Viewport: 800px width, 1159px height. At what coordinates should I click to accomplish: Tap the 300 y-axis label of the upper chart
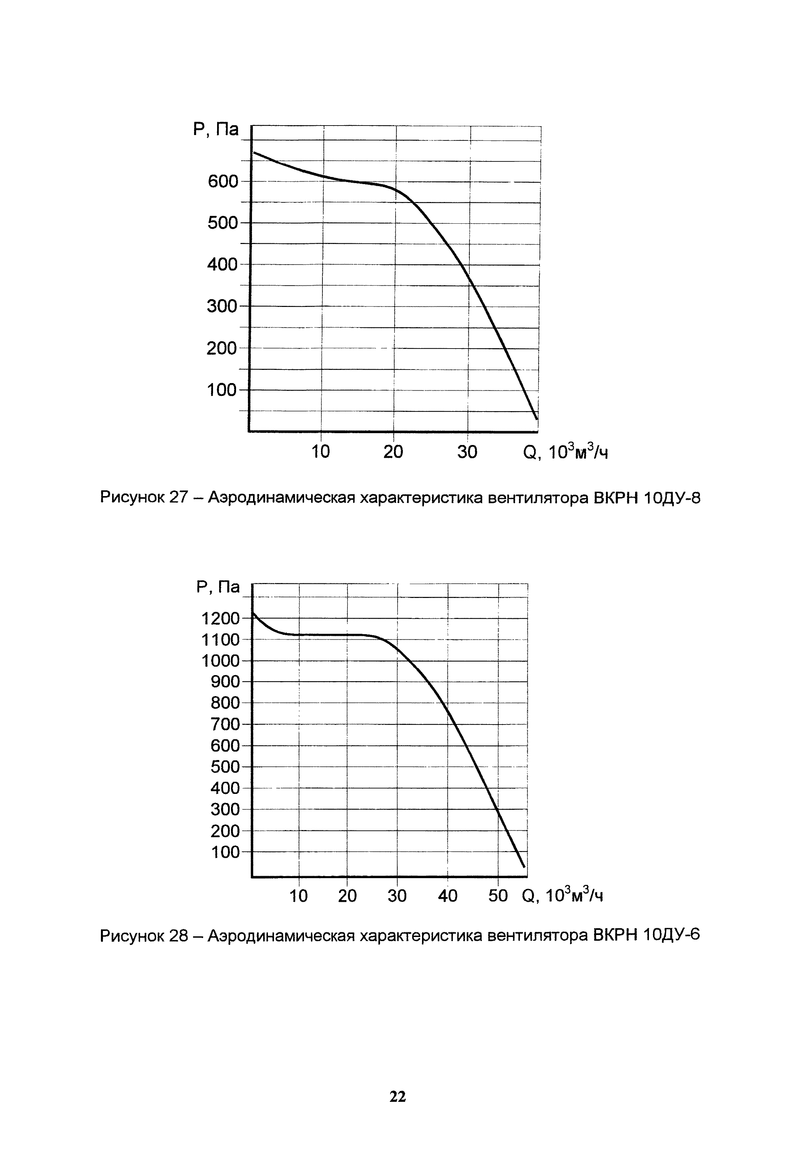pyautogui.click(x=222, y=306)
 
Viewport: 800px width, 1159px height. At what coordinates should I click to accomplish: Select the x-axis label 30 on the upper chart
pyautogui.click(x=467, y=452)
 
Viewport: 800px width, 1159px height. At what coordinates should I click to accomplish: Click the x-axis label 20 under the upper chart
pyautogui.click(x=394, y=452)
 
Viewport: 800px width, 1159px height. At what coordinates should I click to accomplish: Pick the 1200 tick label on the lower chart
pyautogui.click(x=220, y=619)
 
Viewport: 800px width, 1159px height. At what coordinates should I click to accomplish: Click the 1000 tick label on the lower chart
pyautogui.click(x=220, y=661)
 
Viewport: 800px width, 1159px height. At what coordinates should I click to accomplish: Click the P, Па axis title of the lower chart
pyautogui.click(x=218, y=587)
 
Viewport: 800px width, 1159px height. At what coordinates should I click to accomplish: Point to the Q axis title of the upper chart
pyautogui.click(x=565, y=452)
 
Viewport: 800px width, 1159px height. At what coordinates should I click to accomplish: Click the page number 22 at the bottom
pyautogui.click(x=398, y=1097)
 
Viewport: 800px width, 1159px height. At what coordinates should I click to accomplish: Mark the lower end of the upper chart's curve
pyautogui.click(x=536, y=418)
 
